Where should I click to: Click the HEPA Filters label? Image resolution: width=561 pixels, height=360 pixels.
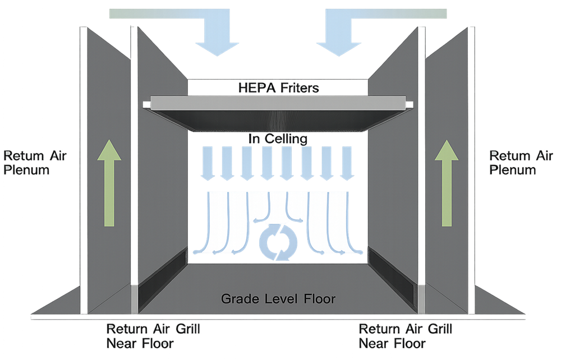279,88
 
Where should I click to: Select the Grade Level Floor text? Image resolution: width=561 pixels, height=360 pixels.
279,298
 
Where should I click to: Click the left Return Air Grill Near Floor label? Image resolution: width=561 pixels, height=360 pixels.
153,335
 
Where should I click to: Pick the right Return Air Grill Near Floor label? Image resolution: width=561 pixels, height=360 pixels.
405,335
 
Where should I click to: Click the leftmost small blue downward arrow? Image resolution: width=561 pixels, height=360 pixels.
205,163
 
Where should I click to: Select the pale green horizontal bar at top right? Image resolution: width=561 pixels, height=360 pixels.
398,13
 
